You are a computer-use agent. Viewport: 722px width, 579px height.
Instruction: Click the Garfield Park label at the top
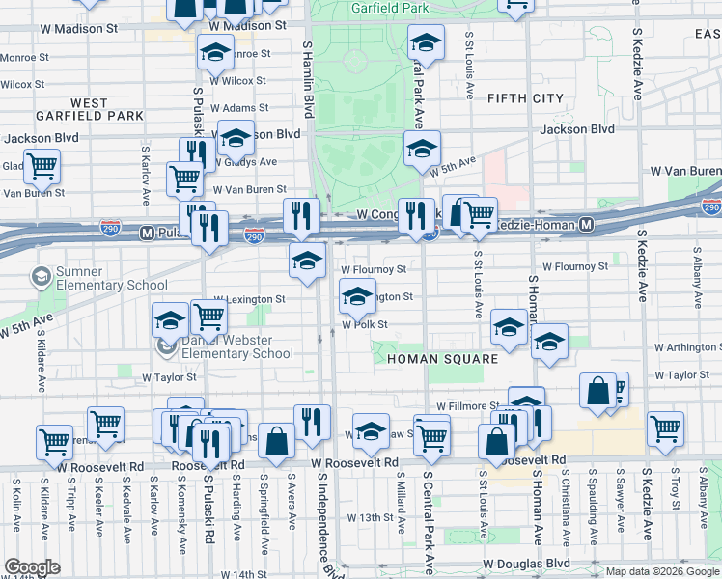pos(389,7)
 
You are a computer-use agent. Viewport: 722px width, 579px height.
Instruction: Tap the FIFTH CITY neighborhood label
pos(525,98)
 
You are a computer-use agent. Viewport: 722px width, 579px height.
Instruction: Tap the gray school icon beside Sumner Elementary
pos(41,278)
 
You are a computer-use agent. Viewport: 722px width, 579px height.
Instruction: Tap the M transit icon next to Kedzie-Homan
pos(587,225)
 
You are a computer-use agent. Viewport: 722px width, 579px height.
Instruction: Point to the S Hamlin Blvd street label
pos(308,79)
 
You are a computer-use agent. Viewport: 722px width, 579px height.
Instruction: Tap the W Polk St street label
pos(364,325)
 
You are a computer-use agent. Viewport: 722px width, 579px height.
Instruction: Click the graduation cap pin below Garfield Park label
pos(426,45)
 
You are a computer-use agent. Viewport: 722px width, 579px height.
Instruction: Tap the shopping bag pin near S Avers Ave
pos(276,441)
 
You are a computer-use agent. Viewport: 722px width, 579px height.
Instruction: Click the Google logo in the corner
pos(32,567)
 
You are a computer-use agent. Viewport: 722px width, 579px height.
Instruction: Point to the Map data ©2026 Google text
pos(661,571)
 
